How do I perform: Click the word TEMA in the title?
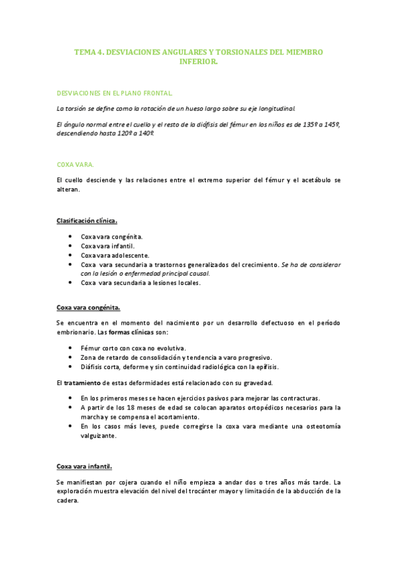(x=85, y=51)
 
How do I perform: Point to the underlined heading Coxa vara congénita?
(x=88, y=307)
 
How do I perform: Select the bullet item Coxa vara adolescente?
(x=115, y=254)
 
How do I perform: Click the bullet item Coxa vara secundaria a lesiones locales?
(x=141, y=282)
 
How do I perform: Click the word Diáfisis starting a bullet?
(x=93, y=366)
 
